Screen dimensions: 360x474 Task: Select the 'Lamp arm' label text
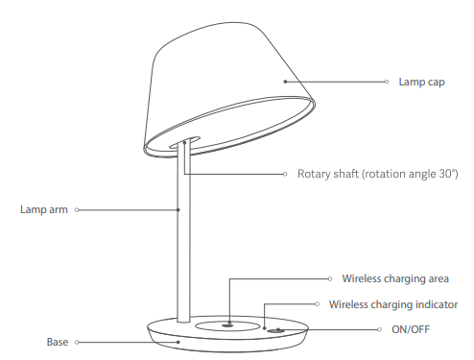pos(44,208)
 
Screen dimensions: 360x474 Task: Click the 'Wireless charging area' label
pos(395,279)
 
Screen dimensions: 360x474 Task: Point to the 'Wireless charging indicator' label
pos(393,304)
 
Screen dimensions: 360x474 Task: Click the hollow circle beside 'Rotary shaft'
pos(287,175)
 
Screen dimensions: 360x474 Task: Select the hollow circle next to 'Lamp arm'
pos(77,208)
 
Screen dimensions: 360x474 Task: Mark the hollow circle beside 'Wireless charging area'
pos(329,279)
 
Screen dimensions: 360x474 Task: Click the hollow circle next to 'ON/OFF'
pos(381,329)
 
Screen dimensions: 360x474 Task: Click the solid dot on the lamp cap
pos(284,83)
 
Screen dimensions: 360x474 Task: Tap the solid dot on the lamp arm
pos(179,208)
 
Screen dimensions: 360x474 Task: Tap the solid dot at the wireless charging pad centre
pos(229,324)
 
